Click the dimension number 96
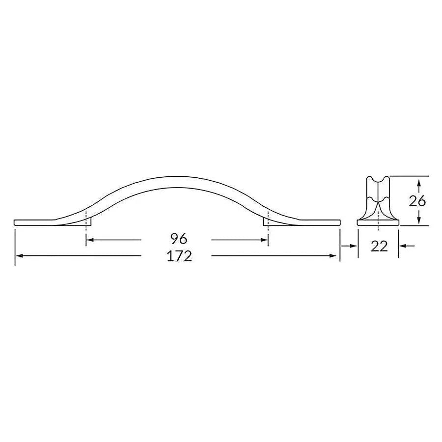coord(179,239)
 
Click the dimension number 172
coord(179,256)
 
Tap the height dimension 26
coord(417,200)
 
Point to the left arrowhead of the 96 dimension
coord(89,240)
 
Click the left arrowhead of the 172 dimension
coord(19,256)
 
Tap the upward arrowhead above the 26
coord(418,183)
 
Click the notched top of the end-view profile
coord(378,178)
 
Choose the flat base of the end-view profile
coord(378,223)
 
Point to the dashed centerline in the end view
coord(378,206)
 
